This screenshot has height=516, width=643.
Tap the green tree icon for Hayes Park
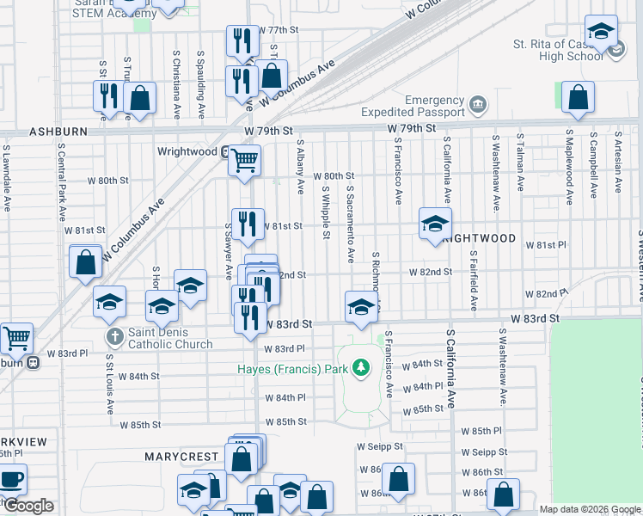362,369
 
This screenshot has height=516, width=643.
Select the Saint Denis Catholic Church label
170,339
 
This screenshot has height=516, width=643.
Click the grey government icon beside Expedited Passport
478,107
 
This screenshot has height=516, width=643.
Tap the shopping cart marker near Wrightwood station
245,159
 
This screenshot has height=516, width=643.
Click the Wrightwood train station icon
225,152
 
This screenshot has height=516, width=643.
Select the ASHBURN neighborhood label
58,132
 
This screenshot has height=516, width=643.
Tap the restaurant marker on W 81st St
248,224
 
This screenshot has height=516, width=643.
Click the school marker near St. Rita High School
602,32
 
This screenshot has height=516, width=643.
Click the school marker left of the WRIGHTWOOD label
435,224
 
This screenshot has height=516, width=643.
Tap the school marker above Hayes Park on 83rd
362,306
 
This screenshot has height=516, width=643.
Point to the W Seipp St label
379,446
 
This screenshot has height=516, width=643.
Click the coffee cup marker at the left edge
10,479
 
